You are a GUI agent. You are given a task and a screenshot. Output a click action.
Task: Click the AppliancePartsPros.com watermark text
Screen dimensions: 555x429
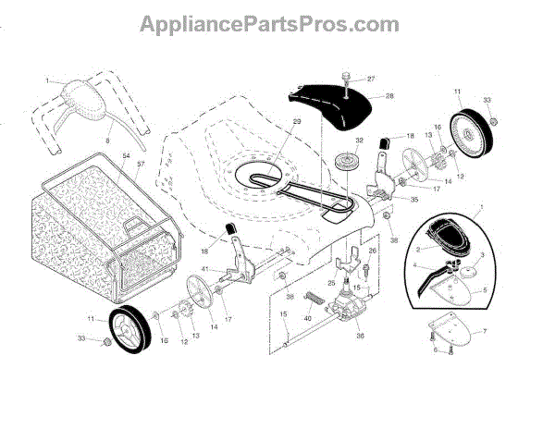click(277, 22)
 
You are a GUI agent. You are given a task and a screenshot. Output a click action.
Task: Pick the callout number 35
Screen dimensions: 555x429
click(413, 198)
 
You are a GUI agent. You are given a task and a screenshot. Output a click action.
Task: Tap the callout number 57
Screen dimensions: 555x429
click(142, 166)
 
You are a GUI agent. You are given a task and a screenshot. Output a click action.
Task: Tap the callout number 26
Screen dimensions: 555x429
click(373, 251)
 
